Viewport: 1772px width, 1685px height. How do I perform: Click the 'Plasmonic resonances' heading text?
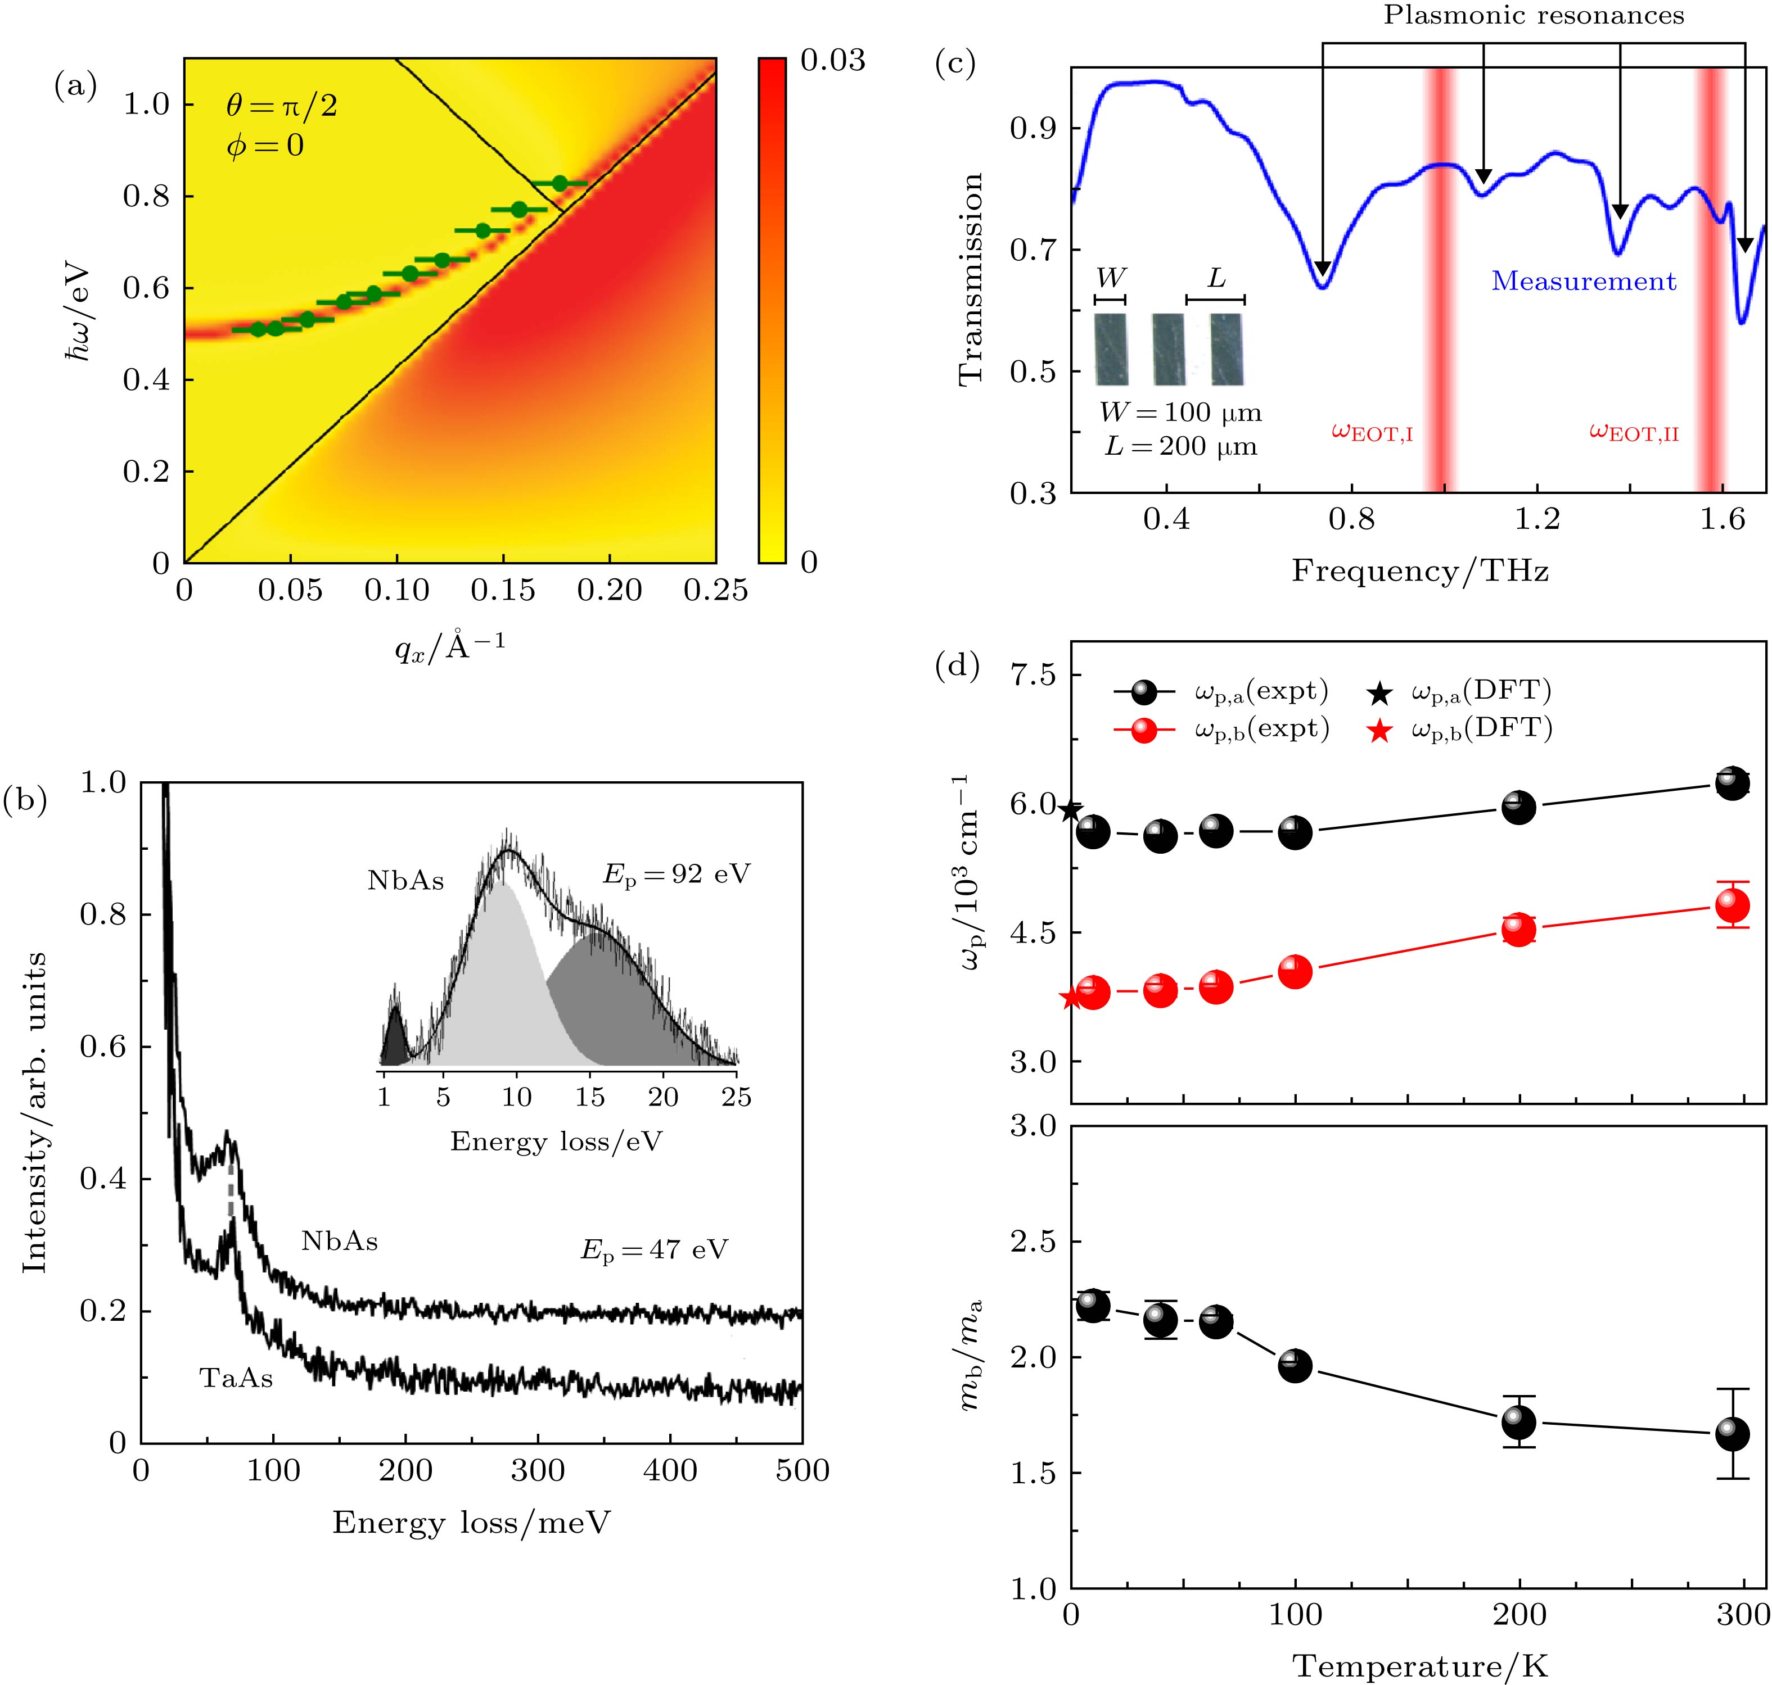click(x=1533, y=15)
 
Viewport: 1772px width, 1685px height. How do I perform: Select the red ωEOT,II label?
click(x=1634, y=432)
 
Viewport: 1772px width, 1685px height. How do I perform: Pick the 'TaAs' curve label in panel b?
click(x=236, y=1378)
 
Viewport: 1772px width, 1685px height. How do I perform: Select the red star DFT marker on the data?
click(x=1070, y=998)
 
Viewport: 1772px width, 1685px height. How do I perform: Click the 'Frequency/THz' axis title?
click(x=1420, y=571)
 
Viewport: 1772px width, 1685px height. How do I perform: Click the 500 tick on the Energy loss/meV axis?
click(x=801, y=1471)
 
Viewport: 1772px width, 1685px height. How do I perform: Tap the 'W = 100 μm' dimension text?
click(x=1180, y=413)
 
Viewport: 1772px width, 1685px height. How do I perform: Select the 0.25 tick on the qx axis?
click(x=715, y=590)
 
